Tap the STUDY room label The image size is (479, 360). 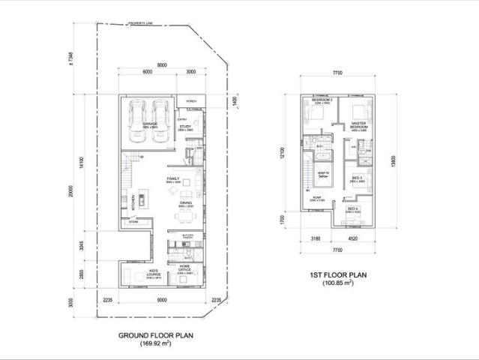pos(185,127)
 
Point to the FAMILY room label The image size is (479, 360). pos(173,178)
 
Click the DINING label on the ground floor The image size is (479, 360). pos(185,203)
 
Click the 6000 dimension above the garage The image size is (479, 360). pos(147,72)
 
